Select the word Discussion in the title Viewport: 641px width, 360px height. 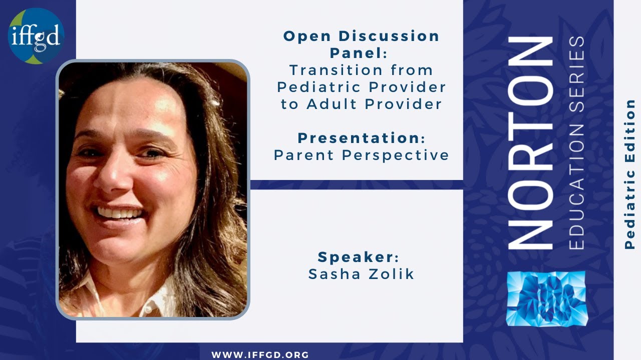[389, 36]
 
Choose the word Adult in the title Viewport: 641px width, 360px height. [333, 104]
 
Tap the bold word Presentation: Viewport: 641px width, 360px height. [361, 138]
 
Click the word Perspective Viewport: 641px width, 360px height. [396, 155]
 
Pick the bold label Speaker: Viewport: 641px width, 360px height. [359, 257]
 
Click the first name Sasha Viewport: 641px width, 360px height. [330, 274]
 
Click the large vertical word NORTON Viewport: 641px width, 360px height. [530, 142]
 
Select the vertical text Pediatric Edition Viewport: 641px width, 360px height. [630, 174]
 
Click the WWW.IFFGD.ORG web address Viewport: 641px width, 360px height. [260, 355]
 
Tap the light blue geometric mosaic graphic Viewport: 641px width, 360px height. [546, 299]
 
